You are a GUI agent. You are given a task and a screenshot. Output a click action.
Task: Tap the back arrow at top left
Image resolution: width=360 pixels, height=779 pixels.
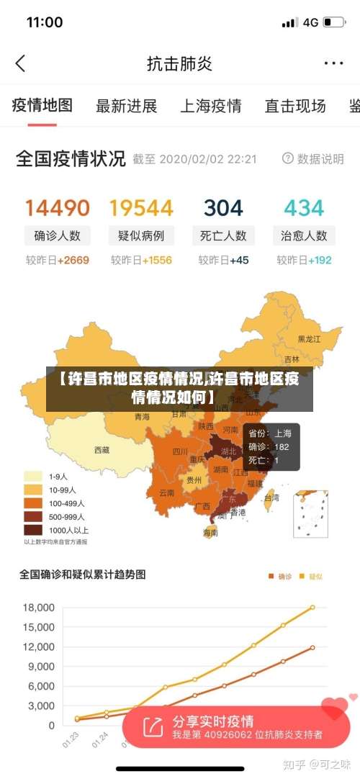(x=20, y=63)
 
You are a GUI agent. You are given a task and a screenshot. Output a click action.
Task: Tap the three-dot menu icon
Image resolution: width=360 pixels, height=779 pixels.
(x=333, y=63)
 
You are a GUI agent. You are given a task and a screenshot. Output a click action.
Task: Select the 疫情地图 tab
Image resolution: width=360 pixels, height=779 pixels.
(x=42, y=106)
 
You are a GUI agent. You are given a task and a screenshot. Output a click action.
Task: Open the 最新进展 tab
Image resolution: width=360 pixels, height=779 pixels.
(x=127, y=107)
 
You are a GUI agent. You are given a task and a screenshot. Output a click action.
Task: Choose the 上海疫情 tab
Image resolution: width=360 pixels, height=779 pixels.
(x=210, y=107)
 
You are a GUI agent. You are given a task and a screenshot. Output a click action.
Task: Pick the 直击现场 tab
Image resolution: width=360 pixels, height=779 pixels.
(x=295, y=107)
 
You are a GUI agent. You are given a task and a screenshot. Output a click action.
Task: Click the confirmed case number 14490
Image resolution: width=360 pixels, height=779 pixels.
(x=58, y=208)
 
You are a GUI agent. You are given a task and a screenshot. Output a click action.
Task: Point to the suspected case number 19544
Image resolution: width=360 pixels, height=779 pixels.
(x=141, y=208)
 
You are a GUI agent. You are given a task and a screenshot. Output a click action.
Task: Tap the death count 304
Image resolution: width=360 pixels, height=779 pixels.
(x=223, y=208)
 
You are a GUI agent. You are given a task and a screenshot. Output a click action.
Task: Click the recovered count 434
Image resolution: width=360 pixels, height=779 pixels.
(x=304, y=208)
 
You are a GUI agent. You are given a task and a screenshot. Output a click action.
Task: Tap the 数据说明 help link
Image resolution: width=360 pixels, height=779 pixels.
(x=313, y=158)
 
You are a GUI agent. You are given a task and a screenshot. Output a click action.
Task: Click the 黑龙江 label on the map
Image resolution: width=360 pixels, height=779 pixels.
(x=310, y=338)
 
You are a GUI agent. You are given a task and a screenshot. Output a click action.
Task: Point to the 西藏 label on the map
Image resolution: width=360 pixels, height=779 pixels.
(x=102, y=450)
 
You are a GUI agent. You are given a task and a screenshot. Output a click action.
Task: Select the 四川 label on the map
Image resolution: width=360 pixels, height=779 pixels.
(x=180, y=452)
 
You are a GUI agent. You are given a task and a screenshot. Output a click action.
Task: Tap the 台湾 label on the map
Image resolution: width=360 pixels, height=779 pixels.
(x=271, y=497)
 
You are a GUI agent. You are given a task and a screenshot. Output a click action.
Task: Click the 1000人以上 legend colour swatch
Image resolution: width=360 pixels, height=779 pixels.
(x=33, y=529)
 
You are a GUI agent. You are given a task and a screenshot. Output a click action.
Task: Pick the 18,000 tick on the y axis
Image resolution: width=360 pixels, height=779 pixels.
(x=38, y=608)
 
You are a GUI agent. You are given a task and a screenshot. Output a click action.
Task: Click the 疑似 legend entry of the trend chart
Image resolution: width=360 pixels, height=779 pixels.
(x=311, y=576)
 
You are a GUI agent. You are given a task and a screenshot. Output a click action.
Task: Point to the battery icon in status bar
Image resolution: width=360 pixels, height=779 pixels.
(x=333, y=22)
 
